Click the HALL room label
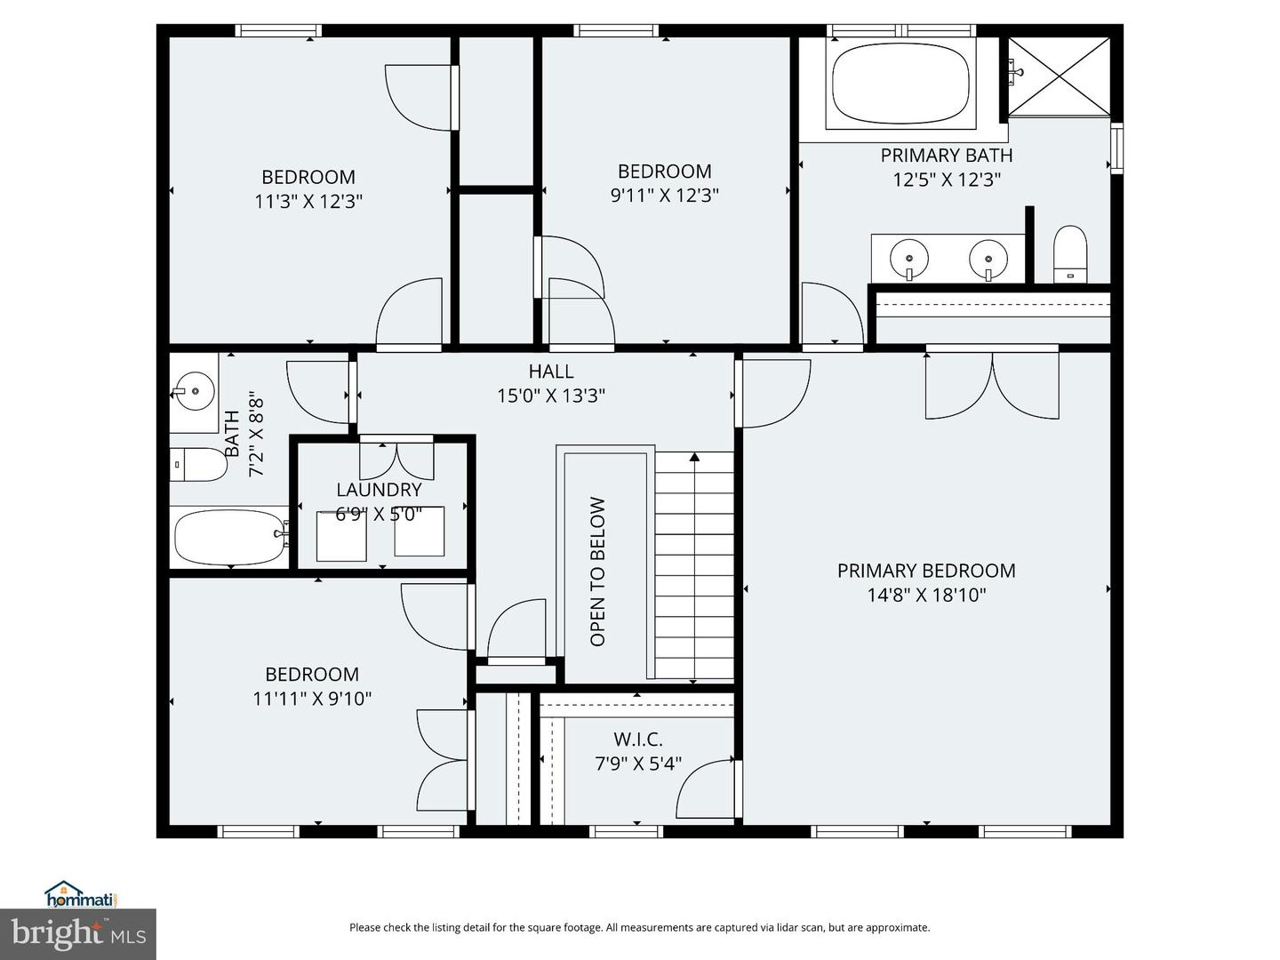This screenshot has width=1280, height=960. [x=551, y=372]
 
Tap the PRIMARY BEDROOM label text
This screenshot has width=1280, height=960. [x=926, y=571]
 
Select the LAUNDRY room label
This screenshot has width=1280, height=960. [x=379, y=490]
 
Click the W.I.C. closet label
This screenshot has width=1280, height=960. [x=638, y=740]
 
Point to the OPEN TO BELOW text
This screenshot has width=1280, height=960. [x=597, y=572]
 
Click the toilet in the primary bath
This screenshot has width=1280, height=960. [x=1070, y=255]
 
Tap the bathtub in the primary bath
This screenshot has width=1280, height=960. [x=901, y=84]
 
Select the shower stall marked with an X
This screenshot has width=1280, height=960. [x=1059, y=77]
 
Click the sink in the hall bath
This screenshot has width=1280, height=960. [x=194, y=391]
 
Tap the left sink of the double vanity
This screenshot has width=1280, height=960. [x=909, y=258]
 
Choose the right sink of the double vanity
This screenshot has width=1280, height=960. [x=988, y=258]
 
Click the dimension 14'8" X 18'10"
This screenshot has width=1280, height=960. [x=926, y=596]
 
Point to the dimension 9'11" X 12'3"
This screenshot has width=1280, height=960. [x=664, y=196]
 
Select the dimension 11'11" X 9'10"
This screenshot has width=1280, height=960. [x=312, y=699]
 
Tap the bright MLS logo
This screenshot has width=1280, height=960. [x=78, y=934]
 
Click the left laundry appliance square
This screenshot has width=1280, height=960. [x=341, y=536]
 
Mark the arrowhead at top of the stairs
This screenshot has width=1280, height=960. [x=694, y=457]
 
